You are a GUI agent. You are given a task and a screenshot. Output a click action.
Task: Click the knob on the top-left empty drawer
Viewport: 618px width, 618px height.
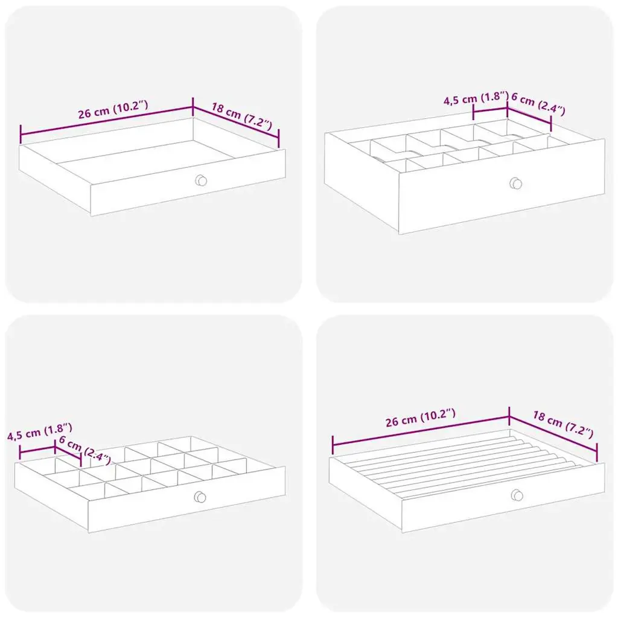tap(201, 180)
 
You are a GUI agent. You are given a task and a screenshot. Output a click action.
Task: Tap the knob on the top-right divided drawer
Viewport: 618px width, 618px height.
tap(515, 183)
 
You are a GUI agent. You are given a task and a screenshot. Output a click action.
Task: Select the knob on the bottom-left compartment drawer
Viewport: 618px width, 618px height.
tap(200, 497)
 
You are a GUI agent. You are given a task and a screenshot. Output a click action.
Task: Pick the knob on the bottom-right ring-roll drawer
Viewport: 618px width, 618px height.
tap(517, 495)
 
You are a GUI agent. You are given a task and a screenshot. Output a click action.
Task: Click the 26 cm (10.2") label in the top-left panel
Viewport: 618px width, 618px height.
tap(113, 110)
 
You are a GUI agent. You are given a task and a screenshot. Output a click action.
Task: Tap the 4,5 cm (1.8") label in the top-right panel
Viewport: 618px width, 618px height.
tap(476, 98)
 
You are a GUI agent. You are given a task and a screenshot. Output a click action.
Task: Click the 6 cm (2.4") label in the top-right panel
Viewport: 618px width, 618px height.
tap(538, 103)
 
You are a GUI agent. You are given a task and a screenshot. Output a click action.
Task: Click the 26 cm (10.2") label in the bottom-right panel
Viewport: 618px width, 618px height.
tap(421, 418)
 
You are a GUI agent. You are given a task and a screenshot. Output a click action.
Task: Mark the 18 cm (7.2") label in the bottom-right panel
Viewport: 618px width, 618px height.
tap(563, 424)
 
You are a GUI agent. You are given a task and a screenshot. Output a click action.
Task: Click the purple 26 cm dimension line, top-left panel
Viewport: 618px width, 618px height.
tap(106, 121)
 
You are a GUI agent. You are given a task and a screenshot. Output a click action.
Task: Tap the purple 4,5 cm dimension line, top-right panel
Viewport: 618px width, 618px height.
tap(490, 110)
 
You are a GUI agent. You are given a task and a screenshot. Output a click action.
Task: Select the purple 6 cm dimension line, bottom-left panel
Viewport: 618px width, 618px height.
tap(68, 453)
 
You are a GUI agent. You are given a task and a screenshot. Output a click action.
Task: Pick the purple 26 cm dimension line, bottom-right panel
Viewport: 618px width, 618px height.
tap(421, 431)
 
